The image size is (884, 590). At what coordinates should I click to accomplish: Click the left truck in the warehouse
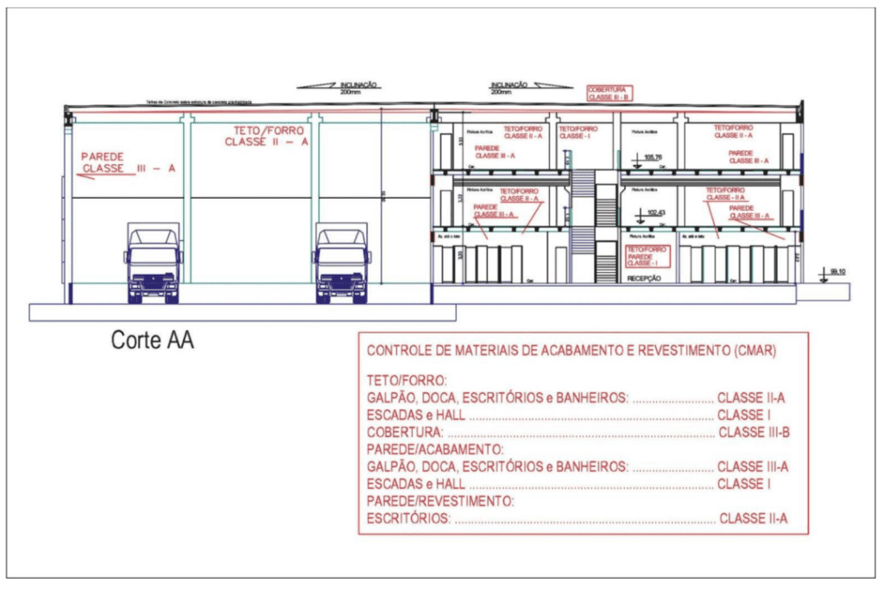point(155,263)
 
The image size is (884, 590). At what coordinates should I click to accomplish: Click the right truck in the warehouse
point(342,263)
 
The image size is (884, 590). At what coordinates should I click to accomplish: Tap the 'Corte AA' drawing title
point(152,340)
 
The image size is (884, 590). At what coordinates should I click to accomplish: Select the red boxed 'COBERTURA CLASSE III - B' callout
point(610,93)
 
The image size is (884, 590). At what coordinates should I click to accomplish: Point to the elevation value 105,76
point(653,156)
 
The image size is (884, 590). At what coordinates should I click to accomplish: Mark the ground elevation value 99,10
point(835,271)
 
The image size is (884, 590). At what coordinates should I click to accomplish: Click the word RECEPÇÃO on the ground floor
point(643,278)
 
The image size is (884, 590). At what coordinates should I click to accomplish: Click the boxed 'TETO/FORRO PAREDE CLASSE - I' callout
point(647,257)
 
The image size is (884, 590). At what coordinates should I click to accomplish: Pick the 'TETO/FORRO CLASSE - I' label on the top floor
point(578,132)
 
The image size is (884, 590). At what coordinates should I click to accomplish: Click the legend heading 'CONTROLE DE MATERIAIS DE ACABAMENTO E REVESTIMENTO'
point(571,352)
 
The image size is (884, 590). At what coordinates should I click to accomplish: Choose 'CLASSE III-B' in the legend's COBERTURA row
point(754,431)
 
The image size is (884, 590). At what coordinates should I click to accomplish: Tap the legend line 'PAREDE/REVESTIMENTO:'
point(440,501)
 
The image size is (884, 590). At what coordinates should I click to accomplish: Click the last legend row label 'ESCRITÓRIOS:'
point(408,519)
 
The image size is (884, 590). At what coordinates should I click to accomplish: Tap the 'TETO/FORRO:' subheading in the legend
point(406,380)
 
